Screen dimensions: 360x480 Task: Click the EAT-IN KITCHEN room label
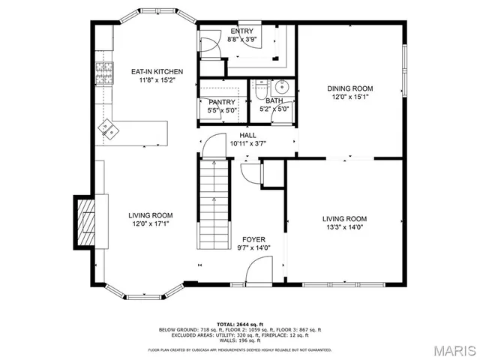click(157, 72)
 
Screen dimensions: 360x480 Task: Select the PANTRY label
click(222, 102)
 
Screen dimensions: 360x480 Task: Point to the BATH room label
click(274, 100)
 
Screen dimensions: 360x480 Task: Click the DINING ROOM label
click(349, 88)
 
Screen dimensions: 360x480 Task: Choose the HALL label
click(247, 135)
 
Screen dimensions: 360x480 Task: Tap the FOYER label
click(253, 239)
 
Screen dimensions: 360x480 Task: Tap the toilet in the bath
click(259, 88)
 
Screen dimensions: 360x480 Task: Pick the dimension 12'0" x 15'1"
click(349, 97)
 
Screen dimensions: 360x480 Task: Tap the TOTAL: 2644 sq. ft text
click(239, 324)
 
